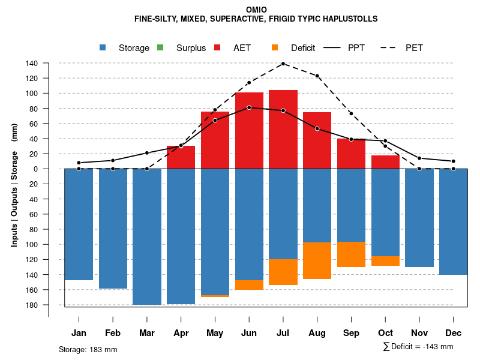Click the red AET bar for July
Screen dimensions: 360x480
click(x=283, y=129)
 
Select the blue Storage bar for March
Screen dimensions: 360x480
click(x=147, y=236)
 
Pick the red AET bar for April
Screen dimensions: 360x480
click(x=181, y=157)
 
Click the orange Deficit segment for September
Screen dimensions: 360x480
click(x=352, y=254)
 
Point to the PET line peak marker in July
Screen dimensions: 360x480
click(x=283, y=64)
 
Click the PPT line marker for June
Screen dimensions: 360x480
click(x=249, y=107)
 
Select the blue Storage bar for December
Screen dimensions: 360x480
click(x=454, y=221)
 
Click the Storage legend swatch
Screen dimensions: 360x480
click(x=103, y=47)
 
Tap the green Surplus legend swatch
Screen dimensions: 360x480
click(x=160, y=47)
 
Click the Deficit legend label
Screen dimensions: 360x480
click(x=303, y=48)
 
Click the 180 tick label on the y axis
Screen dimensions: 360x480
click(x=32, y=305)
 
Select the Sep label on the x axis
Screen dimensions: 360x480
click(x=352, y=333)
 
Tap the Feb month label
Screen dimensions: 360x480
click(x=113, y=333)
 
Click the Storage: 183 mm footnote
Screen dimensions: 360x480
click(x=88, y=349)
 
